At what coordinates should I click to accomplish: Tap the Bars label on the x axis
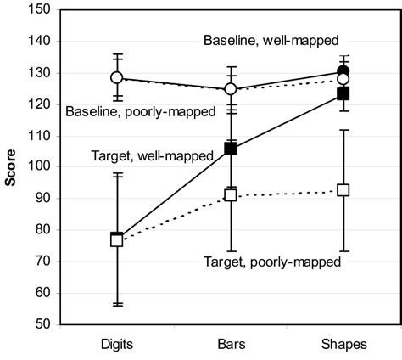230,346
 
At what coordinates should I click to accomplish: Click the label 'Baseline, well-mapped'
271,40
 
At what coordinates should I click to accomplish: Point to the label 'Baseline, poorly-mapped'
139,110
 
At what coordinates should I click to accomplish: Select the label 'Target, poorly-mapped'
272,262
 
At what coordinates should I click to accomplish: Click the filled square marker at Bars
230,149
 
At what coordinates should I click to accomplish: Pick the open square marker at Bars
230,195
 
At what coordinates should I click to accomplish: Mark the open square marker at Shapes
343,190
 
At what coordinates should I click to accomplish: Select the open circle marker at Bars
230,89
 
